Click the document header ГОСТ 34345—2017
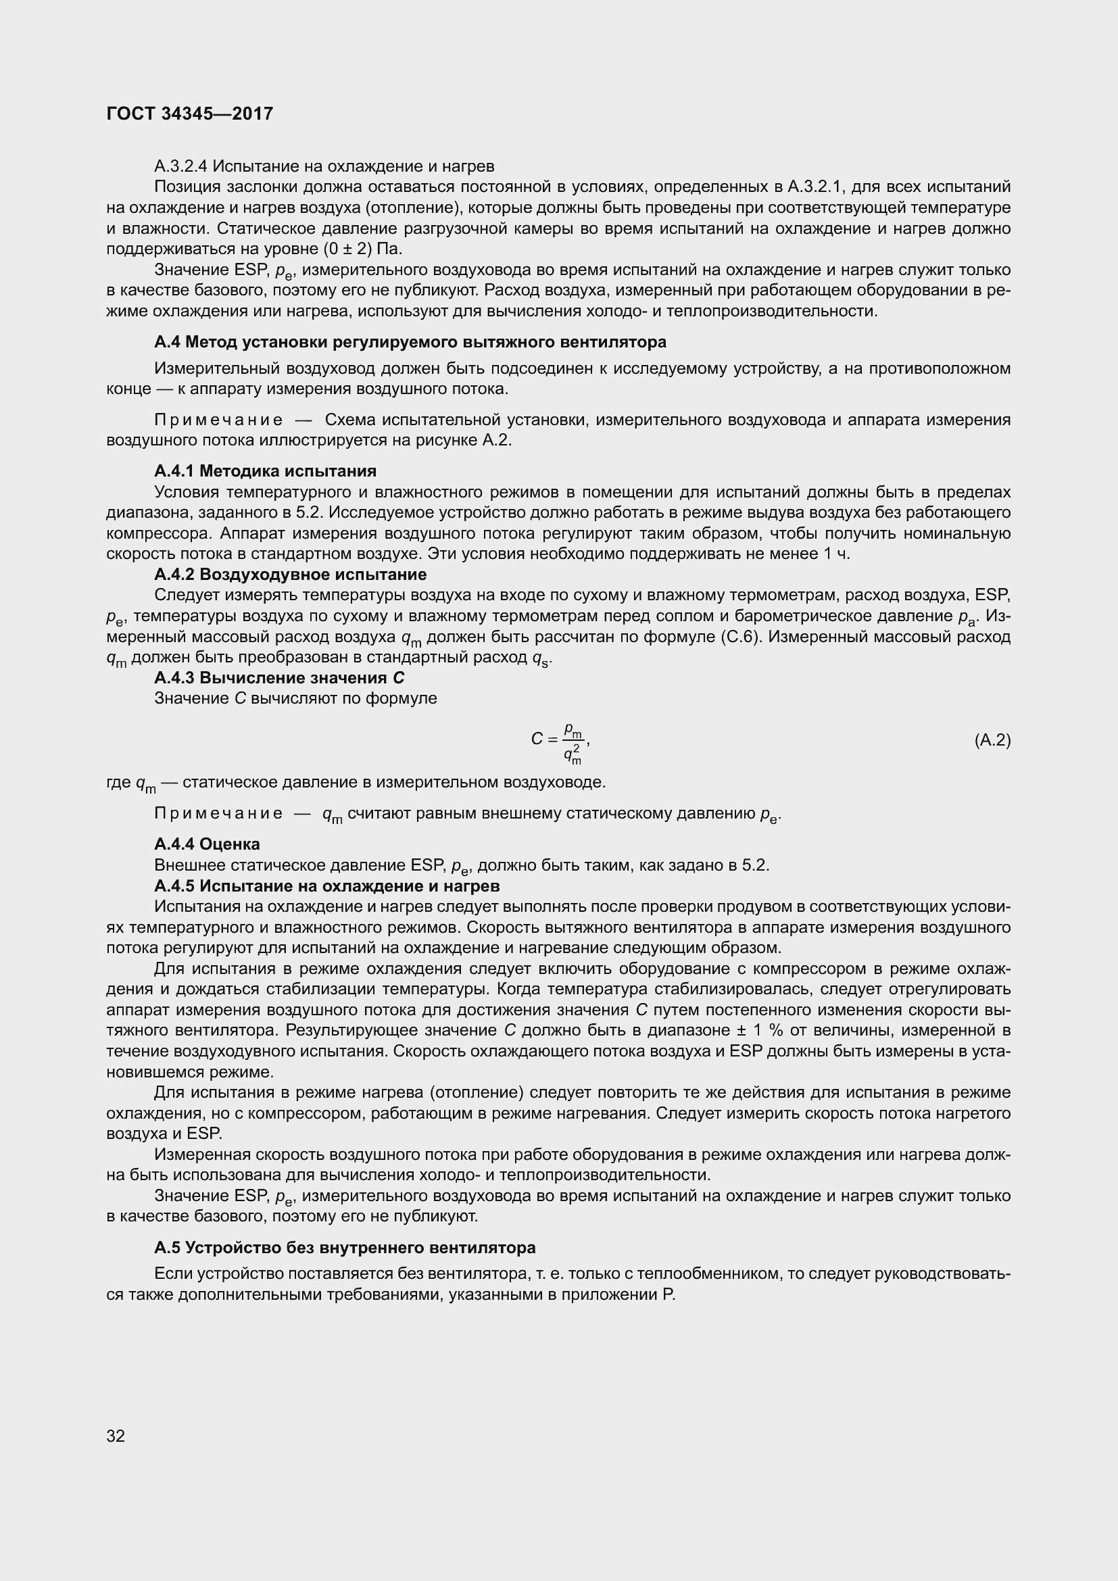pyautogui.click(x=190, y=114)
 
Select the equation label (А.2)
pyautogui.click(x=992, y=740)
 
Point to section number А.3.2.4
pyautogui.click(x=181, y=166)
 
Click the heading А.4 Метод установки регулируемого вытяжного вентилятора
pyautogui.click(x=410, y=342)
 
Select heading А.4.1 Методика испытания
pyautogui.click(x=265, y=471)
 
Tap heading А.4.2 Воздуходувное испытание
pyautogui.click(x=290, y=575)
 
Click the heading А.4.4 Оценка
pyautogui.click(x=207, y=844)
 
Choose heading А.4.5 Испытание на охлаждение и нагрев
pyautogui.click(x=327, y=885)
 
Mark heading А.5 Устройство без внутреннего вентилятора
pyautogui.click(x=345, y=1248)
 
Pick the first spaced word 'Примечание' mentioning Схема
pyautogui.click(x=218, y=420)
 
